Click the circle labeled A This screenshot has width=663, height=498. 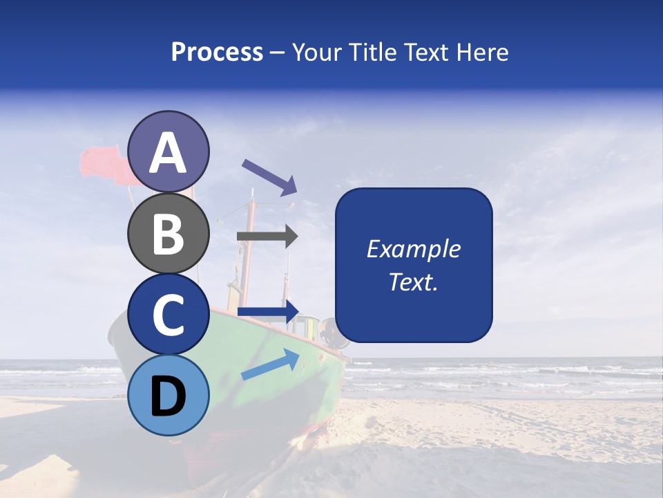click(x=168, y=151)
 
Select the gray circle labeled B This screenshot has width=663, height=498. click(x=168, y=233)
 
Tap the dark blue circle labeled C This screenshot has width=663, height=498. click(x=168, y=315)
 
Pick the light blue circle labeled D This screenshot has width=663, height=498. click(x=168, y=396)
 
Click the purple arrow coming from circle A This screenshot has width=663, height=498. click(x=269, y=176)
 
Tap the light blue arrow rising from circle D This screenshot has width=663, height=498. click(x=270, y=365)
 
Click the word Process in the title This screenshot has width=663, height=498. click(x=217, y=53)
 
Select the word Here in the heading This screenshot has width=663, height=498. click(x=483, y=53)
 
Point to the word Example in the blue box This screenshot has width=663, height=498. click(x=413, y=249)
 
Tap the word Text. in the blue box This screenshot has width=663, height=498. click(x=413, y=282)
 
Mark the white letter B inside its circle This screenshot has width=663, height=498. click(x=168, y=233)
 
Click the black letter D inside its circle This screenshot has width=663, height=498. click(x=168, y=396)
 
